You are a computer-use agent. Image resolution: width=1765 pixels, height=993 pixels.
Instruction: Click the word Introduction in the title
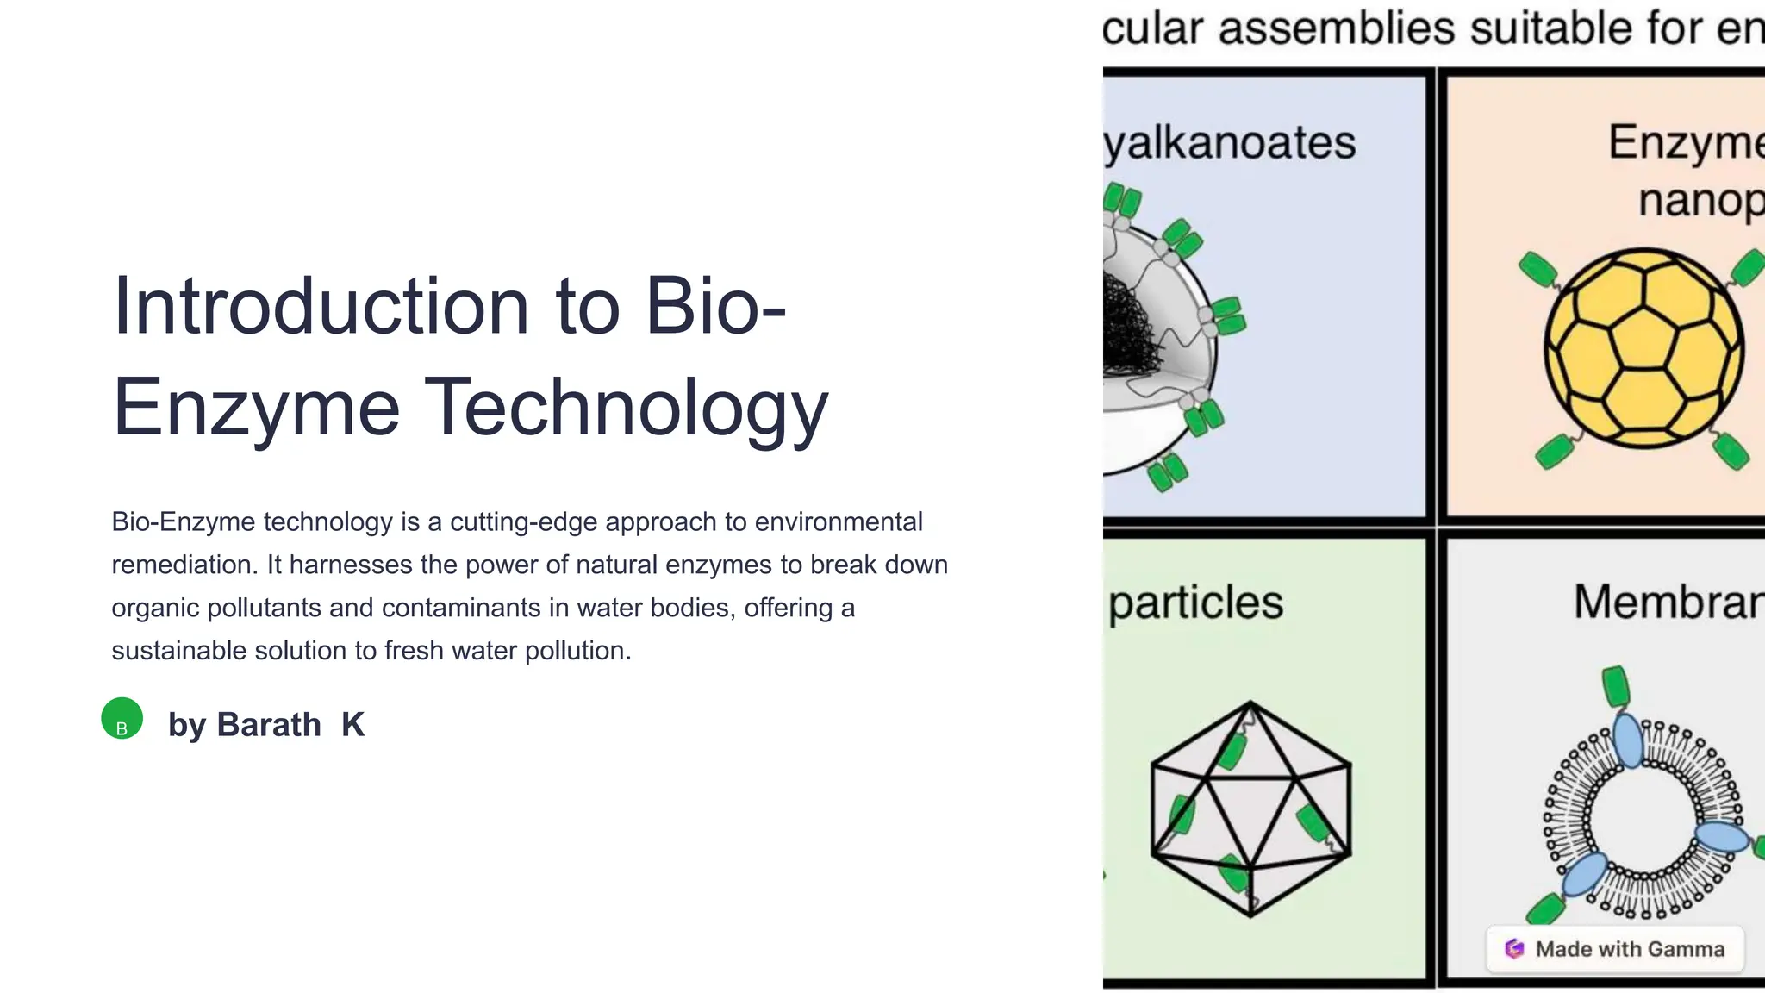[x=320, y=307]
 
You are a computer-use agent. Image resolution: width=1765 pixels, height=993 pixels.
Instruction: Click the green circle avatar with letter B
[x=122, y=719]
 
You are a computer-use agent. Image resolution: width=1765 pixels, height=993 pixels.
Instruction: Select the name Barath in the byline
[x=268, y=725]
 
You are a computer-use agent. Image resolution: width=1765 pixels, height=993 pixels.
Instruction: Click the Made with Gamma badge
[x=1615, y=949]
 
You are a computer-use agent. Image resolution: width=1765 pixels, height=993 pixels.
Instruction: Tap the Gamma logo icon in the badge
[x=1514, y=949]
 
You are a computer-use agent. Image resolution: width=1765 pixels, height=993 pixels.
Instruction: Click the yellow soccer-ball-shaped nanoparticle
[x=1643, y=348]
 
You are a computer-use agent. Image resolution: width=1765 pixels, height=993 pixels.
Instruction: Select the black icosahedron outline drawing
[x=1250, y=809]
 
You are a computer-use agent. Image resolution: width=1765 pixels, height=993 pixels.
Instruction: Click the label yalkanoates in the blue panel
[x=1230, y=142]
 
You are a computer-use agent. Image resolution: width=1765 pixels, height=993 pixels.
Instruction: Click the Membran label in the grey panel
[x=1668, y=602]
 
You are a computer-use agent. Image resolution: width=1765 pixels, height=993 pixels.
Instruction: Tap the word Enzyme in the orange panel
[x=1685, y=142]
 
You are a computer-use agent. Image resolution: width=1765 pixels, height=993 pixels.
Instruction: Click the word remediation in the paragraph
[x=184, y=565]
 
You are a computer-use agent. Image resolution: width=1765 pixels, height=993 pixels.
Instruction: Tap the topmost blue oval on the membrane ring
[x=1629, y=740]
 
